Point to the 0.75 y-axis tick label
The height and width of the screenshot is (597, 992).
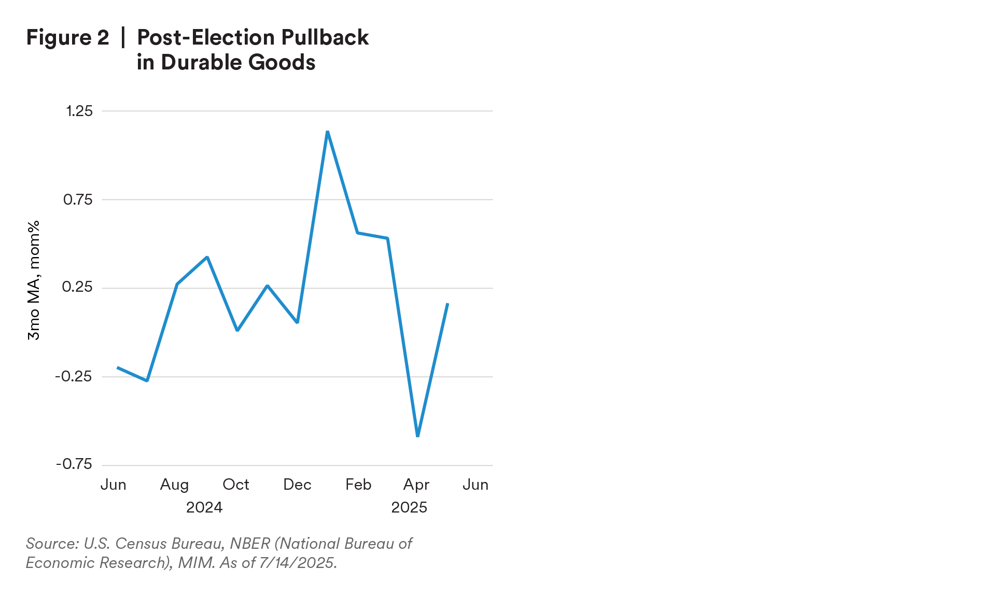(78, 200)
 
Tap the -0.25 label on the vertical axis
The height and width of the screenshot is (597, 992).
(74, 376)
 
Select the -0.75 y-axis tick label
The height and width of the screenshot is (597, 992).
(74, 464)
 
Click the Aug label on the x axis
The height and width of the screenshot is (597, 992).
(174, 485)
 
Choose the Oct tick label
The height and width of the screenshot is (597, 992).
(236, 485)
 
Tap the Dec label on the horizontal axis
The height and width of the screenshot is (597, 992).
(297, 485)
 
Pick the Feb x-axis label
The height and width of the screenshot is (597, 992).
(358, 485)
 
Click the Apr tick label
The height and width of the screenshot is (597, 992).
(416, 485)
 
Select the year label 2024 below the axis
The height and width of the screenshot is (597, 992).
(204, 507)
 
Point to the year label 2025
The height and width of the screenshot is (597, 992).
(409, 507)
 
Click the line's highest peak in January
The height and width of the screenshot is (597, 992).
(327, 132)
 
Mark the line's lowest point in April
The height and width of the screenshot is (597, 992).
(418, 436)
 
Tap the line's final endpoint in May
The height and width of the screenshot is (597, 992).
(448, 303)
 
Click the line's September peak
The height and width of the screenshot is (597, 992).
(207, 257)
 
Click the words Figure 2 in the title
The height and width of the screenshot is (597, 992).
(67, 37)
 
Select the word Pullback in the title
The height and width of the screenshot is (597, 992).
(325, 37)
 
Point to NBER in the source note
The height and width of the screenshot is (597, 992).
(250, 543)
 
